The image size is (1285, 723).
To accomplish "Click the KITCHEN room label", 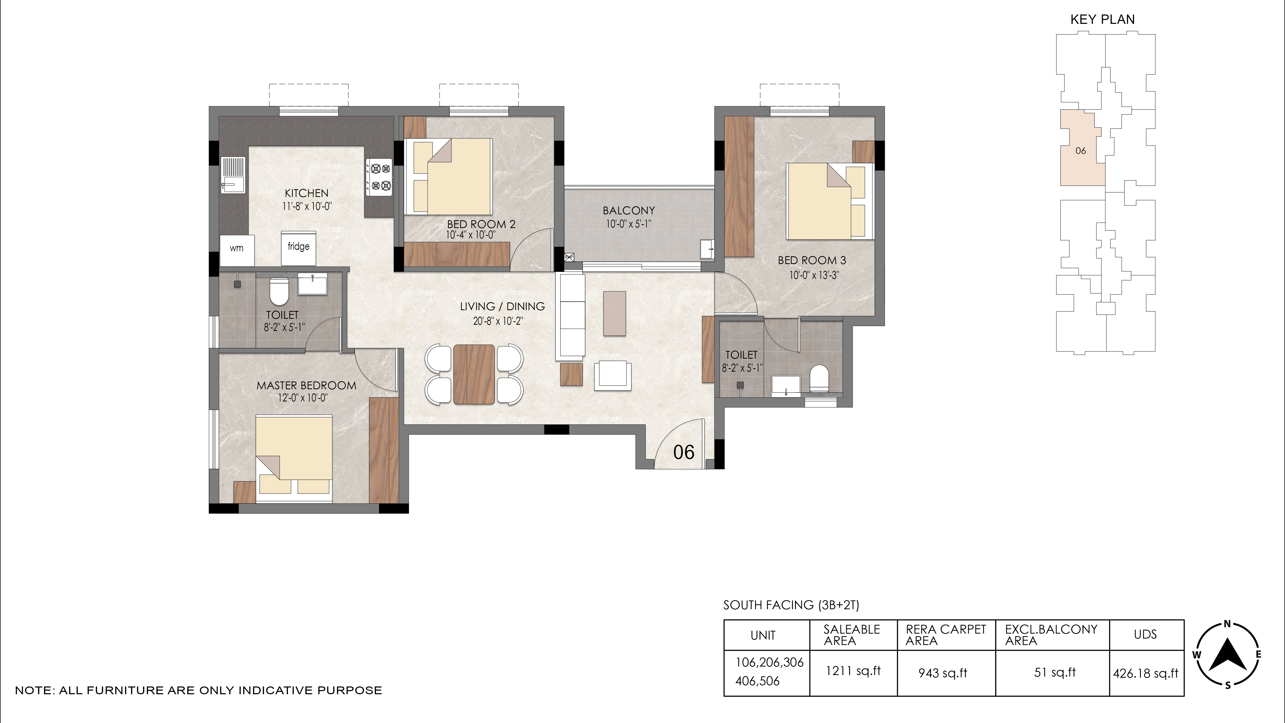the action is [306, 193].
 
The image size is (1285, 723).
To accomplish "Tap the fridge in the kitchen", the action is [298, 248].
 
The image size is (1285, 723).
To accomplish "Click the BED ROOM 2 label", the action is [481, 224].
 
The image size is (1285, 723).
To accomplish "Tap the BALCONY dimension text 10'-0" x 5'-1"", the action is [629, 224].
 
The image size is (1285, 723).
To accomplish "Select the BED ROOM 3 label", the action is [812, 260].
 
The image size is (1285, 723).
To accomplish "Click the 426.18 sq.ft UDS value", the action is [1145, 674].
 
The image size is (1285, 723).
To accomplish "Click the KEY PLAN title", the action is [1102, 19].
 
